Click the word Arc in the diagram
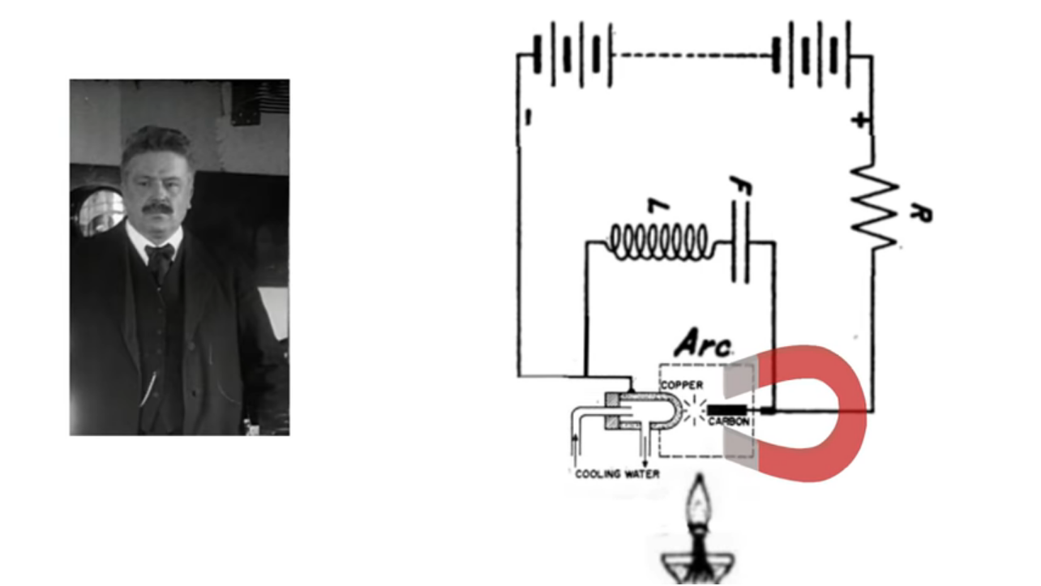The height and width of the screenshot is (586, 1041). (702, 344)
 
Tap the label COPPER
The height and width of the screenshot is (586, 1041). (682, 384)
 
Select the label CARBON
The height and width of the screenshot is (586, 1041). (728, 422)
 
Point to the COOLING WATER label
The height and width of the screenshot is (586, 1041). (617, 474)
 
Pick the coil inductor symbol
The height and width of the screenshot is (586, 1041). (658, 242)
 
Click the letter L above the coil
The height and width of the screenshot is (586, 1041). (662, 207)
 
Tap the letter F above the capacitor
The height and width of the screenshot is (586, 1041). (740, 187)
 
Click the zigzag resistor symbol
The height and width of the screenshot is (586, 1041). (874, 207)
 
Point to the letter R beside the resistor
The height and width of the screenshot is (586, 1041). (922, 214)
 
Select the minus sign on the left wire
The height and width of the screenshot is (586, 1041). (528, 118)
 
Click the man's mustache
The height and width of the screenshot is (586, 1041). (157, 208)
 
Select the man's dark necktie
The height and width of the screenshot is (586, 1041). (159, 259)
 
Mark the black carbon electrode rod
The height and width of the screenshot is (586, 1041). (728, 410)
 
